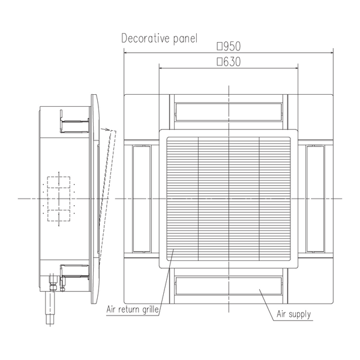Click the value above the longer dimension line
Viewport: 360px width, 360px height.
coord(228,46)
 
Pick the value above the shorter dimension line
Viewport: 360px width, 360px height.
coord(228,61)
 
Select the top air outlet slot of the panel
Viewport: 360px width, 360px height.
coord(228,112)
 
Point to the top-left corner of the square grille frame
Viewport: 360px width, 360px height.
coord(166,136)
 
